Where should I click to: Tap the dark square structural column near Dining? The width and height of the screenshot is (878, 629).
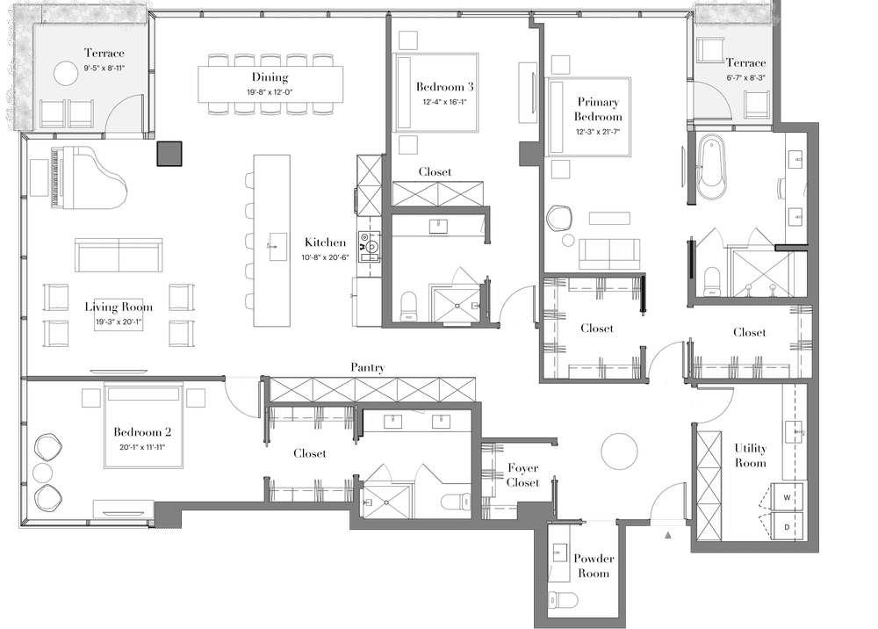(169, 154)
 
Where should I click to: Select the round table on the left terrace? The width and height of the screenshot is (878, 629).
(66, 74)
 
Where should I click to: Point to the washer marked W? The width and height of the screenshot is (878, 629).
(787, 497)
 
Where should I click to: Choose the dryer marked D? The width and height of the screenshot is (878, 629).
(787, 527)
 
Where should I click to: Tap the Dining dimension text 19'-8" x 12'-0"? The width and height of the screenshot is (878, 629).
(270, 92)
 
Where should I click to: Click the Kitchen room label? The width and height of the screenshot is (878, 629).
(325, 242)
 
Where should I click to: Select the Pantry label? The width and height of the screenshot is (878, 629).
(367, 367)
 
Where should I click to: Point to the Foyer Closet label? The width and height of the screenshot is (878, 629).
(523, 475)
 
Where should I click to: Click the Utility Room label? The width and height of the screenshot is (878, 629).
(751, 455)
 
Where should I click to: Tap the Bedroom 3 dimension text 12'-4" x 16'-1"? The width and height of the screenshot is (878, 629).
(444, 102)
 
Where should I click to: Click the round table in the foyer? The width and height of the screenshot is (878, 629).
(619, 452)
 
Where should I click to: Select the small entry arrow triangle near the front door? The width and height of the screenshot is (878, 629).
(668, 536)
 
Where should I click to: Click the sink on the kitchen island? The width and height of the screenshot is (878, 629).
(277, 247)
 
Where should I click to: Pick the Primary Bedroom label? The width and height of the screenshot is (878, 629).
(598, 109)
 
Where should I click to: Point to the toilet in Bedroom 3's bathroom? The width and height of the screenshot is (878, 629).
(409, 306)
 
